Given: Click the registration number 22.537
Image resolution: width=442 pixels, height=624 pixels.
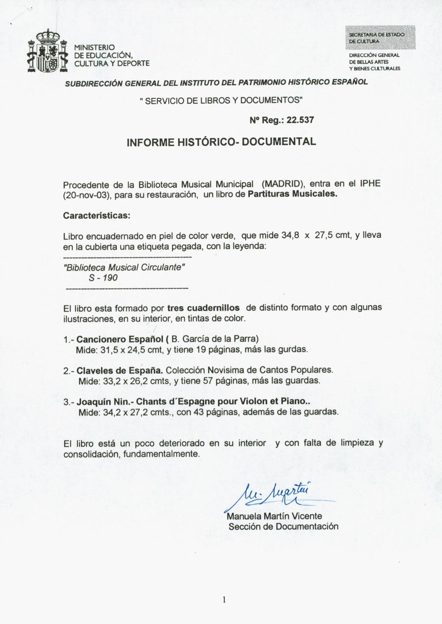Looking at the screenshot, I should [x=300, y=120].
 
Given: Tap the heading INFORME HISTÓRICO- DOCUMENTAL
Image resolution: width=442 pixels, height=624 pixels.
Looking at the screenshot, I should [x=221, y=142].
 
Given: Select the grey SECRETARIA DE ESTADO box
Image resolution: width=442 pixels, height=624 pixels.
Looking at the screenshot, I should [x=380, y=38].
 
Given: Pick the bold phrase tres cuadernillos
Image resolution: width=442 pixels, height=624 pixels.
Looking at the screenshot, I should [x=203, y=308].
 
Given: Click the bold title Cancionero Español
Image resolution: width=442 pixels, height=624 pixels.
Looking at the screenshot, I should [x=120, y=339].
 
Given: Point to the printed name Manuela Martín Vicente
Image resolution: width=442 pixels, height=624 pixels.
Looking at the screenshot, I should [x=274, y=516].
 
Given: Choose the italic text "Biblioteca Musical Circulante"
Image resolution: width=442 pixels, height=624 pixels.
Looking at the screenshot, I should [x=124, y=267].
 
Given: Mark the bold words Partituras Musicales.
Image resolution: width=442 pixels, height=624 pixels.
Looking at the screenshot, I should [x=292, y=194].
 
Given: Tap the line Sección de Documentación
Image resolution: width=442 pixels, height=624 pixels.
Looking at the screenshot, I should [x=283, y=526].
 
